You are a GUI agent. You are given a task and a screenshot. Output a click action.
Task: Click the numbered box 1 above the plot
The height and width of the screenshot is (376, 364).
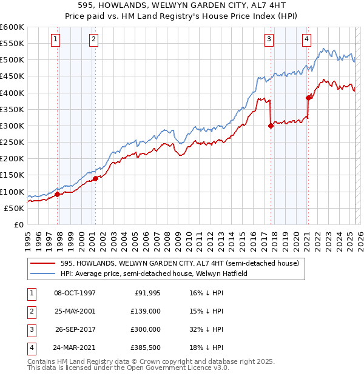click(x=55, y=40)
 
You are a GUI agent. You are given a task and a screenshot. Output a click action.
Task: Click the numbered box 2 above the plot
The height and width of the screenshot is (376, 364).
click(x=93, y=40)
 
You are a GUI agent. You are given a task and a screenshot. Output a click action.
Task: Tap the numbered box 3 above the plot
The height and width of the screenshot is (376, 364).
click(x=269, y=40)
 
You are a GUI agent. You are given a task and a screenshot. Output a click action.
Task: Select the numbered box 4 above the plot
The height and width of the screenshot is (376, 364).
click(x=306, y=40)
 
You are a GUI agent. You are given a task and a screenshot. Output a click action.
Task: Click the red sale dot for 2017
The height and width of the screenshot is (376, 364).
click(x=271, y=126)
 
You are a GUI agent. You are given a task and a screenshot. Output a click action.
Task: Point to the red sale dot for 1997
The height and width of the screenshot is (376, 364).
click(x=58, y=194)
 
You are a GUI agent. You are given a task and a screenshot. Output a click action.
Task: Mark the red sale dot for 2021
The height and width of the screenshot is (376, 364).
click(x=308, y=98)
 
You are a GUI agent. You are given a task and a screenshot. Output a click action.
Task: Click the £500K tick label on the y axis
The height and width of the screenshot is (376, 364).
click(x=12, y=60)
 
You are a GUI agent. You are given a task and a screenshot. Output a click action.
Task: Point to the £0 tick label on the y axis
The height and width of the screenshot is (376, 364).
click(x=18, y=224)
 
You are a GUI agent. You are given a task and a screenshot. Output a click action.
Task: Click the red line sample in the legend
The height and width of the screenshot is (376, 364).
click(x=43, y=264)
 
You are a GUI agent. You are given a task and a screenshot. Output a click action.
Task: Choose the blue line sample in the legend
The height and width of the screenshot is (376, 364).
click(x=43, y=274)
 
